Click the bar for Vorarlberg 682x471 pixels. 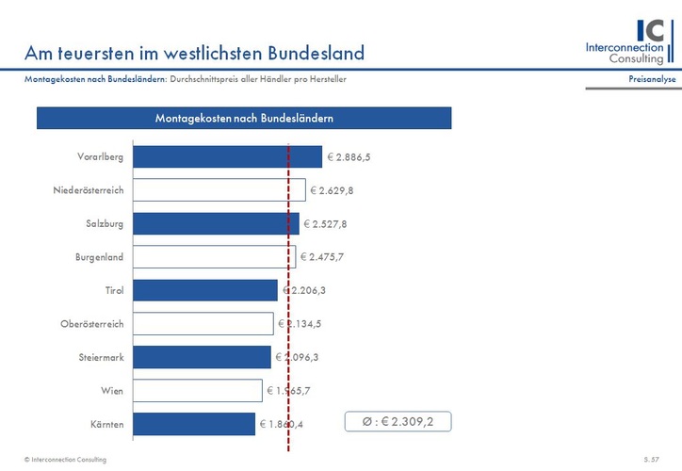click(x=226, y=157)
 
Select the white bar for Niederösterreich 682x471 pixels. click(x=219, y=190)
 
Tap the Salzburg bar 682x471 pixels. click(x=216, y=223)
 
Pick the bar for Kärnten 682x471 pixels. click(x=194, y=425)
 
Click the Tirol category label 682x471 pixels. click(x=114, y=290)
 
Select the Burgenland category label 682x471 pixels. click(x=100, y=257)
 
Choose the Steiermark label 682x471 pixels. click(x=102, y=358)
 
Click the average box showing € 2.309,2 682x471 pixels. click(x=398, y=421)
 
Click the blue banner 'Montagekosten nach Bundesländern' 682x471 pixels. click(x=244, y=118)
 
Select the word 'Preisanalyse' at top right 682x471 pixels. click(x=652, y=79)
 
